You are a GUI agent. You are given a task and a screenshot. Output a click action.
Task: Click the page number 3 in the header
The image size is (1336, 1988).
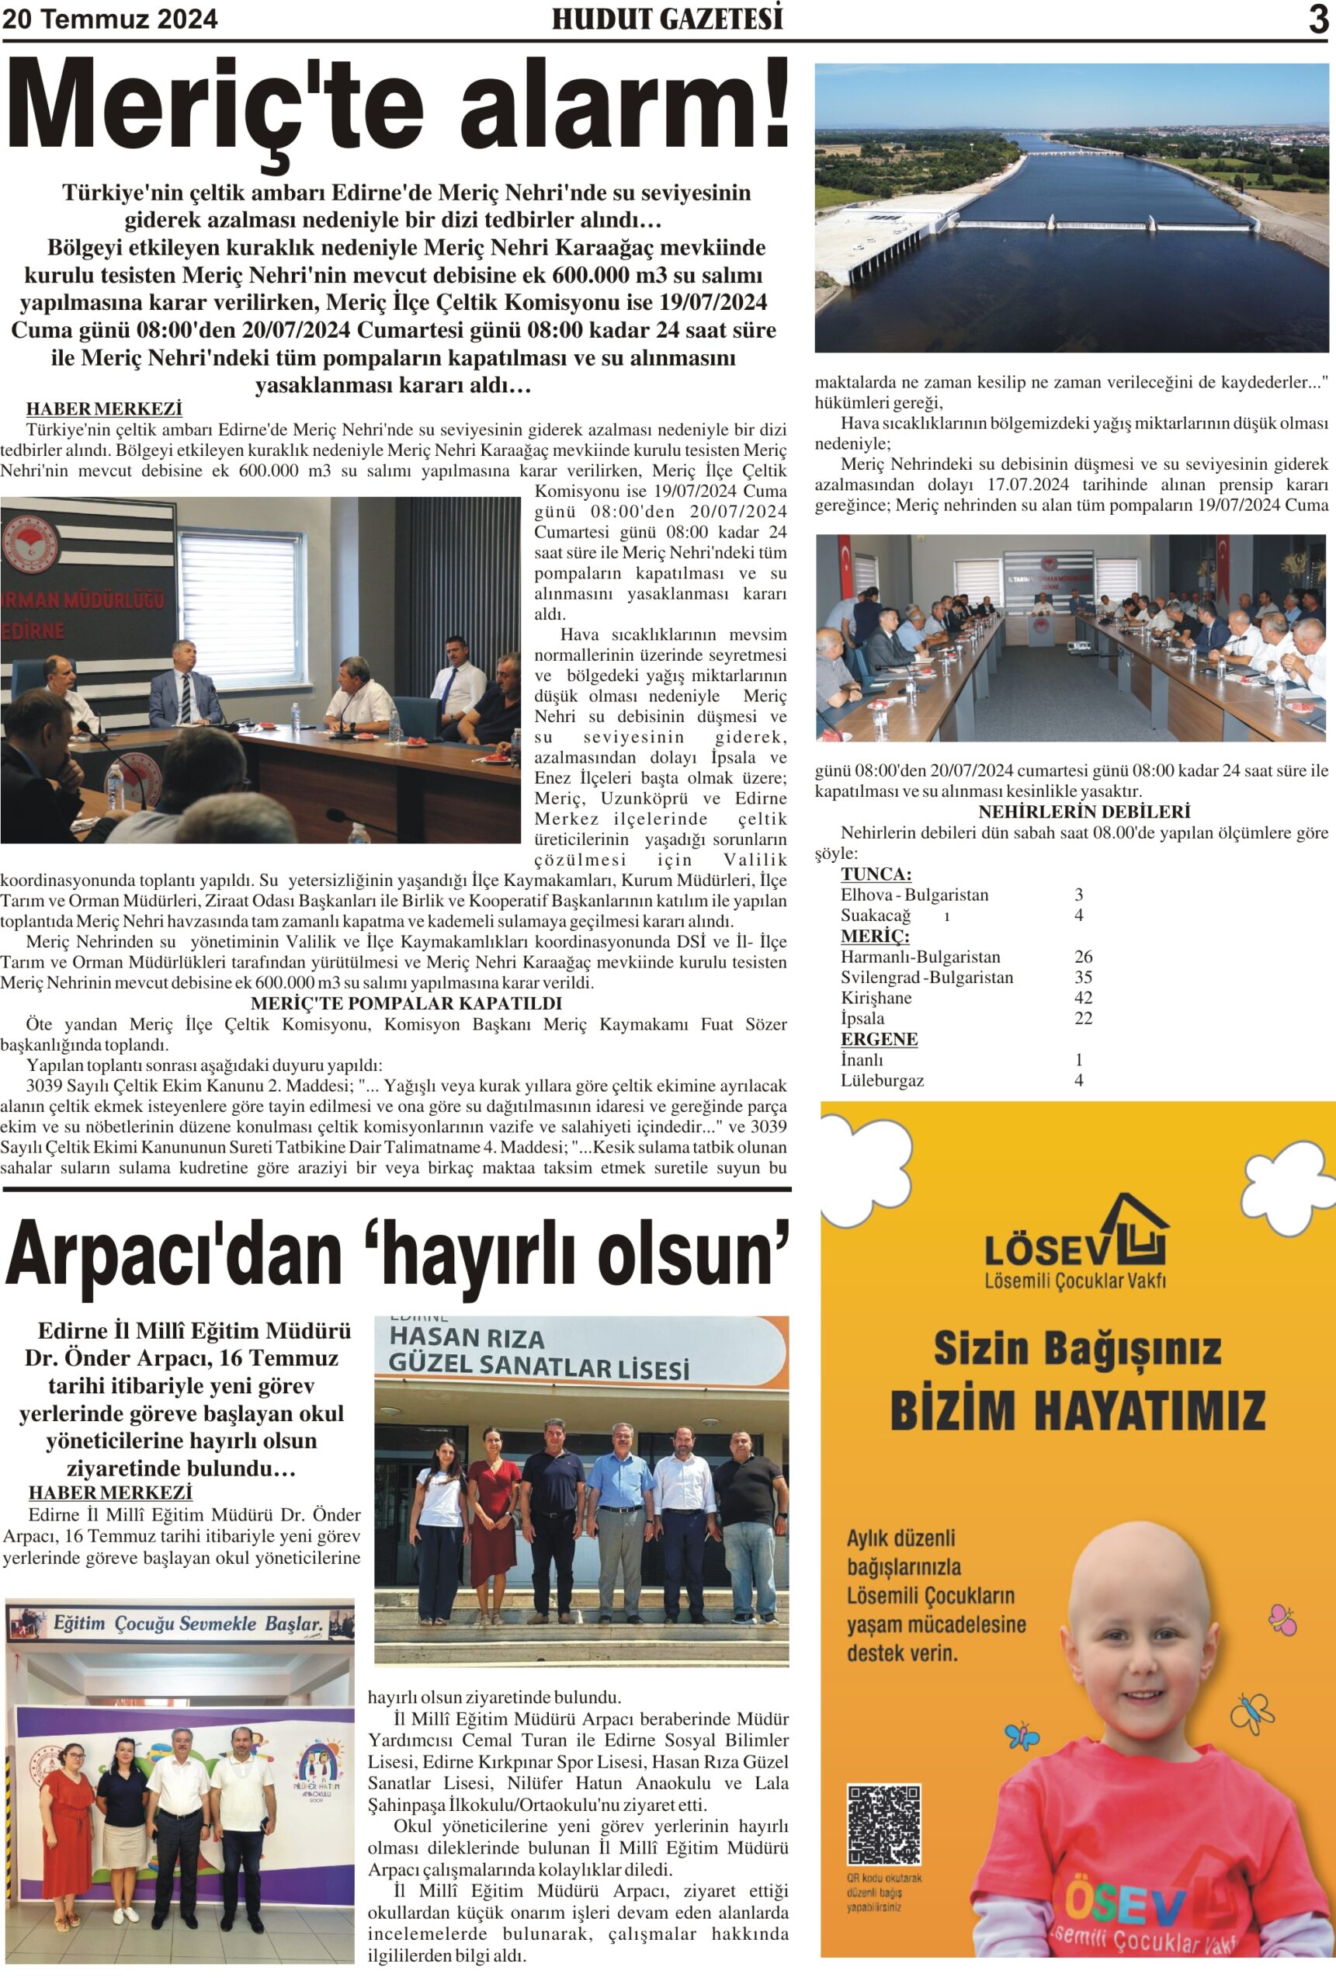click(x=1317, y=19)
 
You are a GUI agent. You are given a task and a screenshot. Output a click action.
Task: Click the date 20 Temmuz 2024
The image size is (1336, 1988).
click(x=110, y=19)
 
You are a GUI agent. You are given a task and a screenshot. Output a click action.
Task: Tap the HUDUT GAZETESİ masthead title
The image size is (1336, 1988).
click(x=667, y=19)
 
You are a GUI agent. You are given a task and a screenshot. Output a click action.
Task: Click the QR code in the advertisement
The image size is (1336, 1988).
click(x=883, y=1824)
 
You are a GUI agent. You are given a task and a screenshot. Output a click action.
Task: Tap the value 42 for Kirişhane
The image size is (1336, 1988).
click(x=1083, y=998)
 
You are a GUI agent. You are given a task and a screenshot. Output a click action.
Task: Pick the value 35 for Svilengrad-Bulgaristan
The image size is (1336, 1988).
click(x=1083, y=978)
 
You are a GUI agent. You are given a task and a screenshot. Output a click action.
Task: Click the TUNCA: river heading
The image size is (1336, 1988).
click(x=876, y=874)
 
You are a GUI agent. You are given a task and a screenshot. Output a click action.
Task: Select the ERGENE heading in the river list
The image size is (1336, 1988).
click(x=879, y=1040)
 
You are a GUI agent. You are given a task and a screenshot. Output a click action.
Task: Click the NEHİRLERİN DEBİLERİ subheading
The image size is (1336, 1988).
click(x=1084, y=812)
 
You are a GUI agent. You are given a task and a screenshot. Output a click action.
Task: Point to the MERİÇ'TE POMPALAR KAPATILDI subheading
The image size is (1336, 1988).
click(x=407, y=1004)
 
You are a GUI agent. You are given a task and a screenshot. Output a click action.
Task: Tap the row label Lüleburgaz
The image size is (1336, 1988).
click(x=882, y=1080)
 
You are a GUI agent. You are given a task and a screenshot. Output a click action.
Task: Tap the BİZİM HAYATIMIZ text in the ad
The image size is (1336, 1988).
click(x=1077, y=1409)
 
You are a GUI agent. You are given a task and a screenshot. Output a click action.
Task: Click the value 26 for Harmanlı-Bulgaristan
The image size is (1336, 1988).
click(x=1083, y=957)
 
